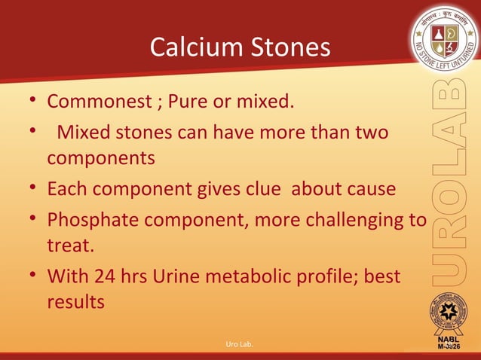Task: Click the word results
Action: click(75, 303)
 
